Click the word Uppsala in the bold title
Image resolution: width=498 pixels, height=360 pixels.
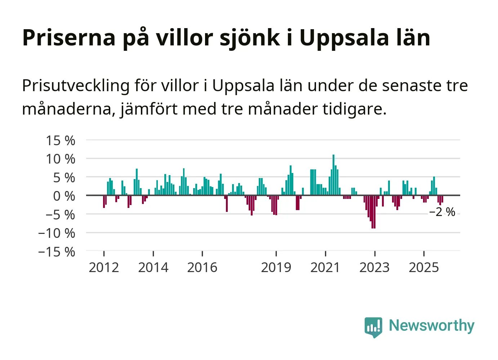click(344, 37)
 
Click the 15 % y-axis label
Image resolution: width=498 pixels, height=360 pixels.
click(61, 140)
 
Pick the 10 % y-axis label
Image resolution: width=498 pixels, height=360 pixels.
click(61, 159)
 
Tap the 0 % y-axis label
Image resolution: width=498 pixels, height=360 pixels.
click(64, 196)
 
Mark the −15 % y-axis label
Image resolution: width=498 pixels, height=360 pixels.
click(57, 252)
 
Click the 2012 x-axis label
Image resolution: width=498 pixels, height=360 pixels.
click(104, 267)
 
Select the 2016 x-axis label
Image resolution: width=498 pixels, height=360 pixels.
click(202, 267)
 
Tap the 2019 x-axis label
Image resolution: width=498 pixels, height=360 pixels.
click(276, 267)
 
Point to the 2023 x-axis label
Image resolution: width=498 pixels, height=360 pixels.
click(374, 267)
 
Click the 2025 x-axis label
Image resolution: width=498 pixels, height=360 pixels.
click(424, 267)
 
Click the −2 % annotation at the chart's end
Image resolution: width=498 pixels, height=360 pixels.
click(442, 212)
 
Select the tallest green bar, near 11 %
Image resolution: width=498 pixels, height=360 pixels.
click(333, 175)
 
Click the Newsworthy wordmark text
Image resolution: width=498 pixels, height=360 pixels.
click(431, 325)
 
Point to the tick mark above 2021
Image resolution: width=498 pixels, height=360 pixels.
click(325, 254)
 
